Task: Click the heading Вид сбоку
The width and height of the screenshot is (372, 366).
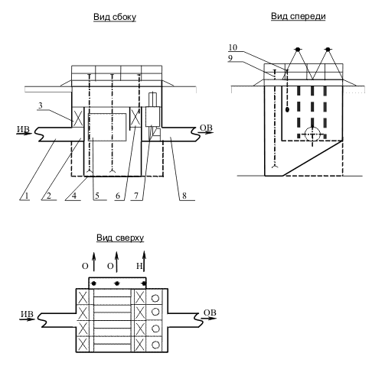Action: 115,17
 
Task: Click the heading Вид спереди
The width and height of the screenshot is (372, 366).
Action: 298,16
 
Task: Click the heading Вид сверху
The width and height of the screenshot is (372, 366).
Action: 120,238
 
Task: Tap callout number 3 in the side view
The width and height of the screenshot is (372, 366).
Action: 41,105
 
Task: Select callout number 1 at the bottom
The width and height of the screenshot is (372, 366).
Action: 26,196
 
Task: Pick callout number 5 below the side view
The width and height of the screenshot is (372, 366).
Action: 97,196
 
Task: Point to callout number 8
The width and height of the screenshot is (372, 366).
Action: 184,196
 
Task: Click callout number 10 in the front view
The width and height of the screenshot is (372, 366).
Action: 233,47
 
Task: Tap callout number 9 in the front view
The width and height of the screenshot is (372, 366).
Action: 230,58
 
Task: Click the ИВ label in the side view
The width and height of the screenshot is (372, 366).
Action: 23,129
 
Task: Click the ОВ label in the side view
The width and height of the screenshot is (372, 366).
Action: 206,128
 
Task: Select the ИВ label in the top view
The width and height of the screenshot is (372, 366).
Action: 27,314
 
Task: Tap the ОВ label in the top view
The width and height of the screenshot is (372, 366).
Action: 210,313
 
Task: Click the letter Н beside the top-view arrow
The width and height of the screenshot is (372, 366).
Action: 139,266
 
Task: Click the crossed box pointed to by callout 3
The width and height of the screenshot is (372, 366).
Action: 78,117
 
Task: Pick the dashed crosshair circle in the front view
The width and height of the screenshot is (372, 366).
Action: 312,134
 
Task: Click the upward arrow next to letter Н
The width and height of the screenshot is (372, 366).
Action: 145,261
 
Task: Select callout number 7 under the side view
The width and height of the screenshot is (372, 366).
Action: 136,196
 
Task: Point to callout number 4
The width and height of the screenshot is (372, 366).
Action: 74,196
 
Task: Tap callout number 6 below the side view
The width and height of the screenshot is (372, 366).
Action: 118,196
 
